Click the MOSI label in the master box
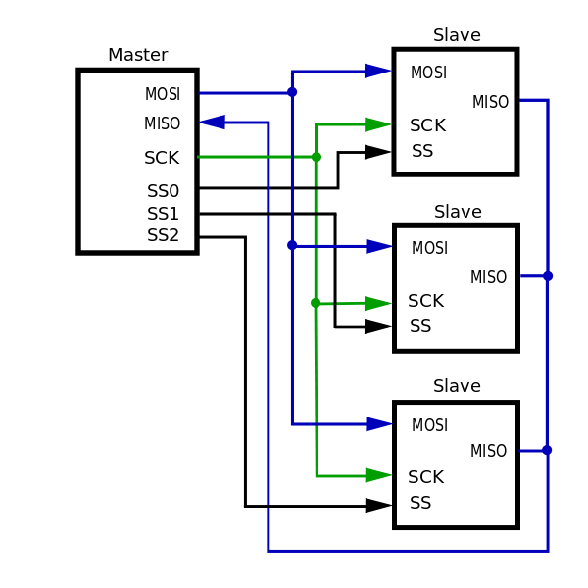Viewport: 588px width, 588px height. (x=163, y=95)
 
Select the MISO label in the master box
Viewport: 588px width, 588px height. (x=163, y=124)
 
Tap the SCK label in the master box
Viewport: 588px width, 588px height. (x=162, y=158)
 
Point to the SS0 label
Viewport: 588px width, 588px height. (x=164, y=191)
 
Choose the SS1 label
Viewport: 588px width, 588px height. (x=164, y=214)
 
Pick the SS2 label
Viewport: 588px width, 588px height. (x=164, y=235)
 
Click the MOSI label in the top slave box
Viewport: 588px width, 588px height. (x=428, y=73)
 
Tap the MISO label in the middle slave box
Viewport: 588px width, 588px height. (x=488, y=278)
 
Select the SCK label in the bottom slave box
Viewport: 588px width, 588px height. (x=426, y=477)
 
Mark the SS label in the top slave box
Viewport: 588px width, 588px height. (x=422, y=151)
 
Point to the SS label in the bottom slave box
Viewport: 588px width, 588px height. (x=420, y=503)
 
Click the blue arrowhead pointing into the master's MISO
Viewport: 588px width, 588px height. (x=213, y=122)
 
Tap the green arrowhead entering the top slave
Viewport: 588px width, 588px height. (x=377, y=124)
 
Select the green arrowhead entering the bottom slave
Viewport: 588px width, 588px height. (x=377, y=475)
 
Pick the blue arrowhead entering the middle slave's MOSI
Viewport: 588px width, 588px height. (x=378, y=246)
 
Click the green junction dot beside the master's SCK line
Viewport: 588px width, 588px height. (x=316, y=157)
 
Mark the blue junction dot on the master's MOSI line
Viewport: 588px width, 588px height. (x=292, y=92)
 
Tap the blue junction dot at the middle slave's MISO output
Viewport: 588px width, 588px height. (x=548, y=276)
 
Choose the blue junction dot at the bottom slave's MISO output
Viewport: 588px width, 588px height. (x=547, y=451)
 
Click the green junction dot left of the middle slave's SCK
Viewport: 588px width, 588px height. (x=316, y=303)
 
